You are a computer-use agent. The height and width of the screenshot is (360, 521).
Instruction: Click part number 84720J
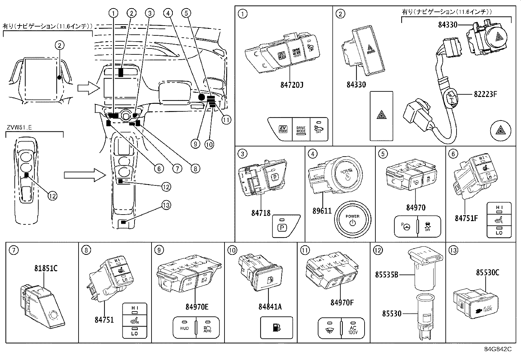click(x=292, y=85)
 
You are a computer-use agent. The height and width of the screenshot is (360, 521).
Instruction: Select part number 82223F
click(x=485, y=94)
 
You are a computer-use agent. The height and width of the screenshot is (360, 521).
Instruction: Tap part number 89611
click(x=322, y=211)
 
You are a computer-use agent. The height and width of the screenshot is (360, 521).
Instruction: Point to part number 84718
click(x=261, y=213)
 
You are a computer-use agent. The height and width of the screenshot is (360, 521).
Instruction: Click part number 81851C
click(x=46, y=269)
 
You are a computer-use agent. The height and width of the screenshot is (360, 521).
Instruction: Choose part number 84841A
click(x=270, y=307)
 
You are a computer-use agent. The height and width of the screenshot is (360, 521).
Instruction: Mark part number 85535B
click(x=386, y=275)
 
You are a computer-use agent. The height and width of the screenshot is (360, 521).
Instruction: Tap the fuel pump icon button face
click(x=276, y=328)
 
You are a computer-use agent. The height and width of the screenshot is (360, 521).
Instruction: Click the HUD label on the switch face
click(x=184, y=328)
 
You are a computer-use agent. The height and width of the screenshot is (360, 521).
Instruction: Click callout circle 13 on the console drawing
click(x=166, y=205)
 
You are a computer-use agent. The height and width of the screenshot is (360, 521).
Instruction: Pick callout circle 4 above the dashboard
click(x=168, y=13)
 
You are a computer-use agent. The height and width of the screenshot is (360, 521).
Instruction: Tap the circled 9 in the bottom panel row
click(x=159, y=250)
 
